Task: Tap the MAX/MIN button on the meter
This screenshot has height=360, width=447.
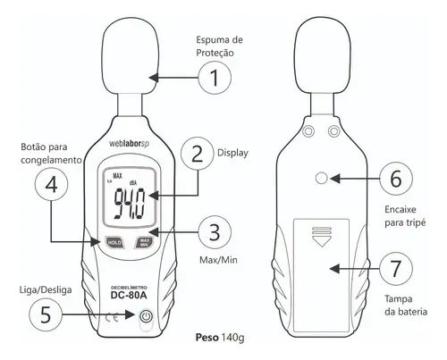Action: tap(144, 242)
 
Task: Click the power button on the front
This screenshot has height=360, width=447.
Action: tap(146, 316)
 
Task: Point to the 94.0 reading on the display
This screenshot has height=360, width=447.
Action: tap(130, 204)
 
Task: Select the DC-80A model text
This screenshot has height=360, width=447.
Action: tap(129, 295)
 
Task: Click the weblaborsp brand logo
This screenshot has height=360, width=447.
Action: tap(129, 143)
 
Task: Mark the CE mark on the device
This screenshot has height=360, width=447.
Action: tap(112, 317)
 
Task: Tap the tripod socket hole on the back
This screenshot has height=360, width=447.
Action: tap(321, 179)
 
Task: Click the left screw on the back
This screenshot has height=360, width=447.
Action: tap(308, 131)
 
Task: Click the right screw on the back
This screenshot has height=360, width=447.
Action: tap(333, 131)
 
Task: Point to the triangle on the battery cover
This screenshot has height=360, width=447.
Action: tap(321, 241)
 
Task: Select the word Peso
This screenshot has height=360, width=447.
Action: tap(207, 338)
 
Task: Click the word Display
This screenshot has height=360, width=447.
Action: tap(232, 153)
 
